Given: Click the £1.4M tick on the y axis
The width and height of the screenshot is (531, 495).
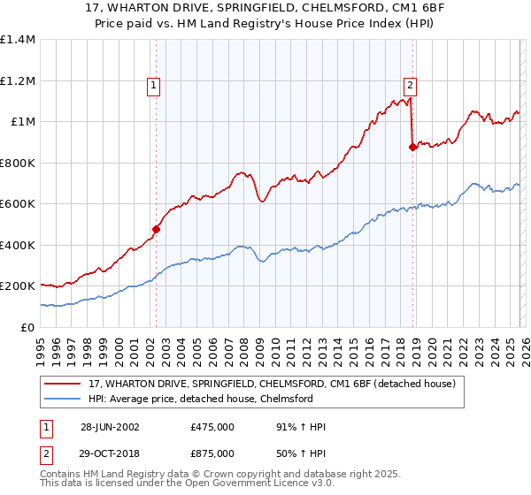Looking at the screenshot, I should [x=18, y=40].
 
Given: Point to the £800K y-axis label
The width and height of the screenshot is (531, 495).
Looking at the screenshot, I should [x=18, y=163].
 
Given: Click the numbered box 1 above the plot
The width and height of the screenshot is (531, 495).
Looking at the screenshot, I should [x=155, y=86].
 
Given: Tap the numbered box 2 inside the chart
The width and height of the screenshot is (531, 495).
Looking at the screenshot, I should [x=411, y=86].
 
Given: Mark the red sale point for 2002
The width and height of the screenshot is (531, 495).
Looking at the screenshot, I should [x=157, y=230].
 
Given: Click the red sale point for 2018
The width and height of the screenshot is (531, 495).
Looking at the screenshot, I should [x=412, y=148].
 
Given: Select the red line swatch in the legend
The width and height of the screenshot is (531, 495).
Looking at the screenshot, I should [x=64, y=384].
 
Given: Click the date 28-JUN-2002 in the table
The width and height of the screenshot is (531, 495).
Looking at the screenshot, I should [x=110, y=427].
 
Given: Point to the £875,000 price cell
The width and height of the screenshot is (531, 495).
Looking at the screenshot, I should [x=212, y=453].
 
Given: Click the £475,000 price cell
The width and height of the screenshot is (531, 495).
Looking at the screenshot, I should [x=212, y=427].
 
